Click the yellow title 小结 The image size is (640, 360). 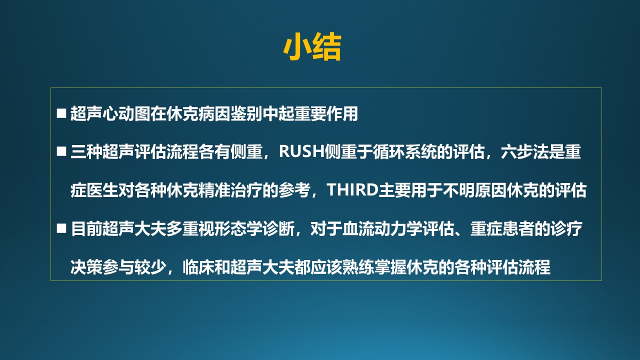click(x=312, y=47)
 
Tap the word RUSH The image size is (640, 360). click(x=301, y=151)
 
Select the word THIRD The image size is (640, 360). click(x=352, y=189)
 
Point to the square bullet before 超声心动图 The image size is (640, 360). click(x=61, y=113)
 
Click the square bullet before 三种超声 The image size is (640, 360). click(x=61, y=151)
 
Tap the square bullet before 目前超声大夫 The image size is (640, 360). click(x=61, y=228)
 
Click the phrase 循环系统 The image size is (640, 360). click(x=404, y=151)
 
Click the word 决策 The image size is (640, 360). click(x=86, y=267)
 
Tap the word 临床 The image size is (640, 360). click(x=198, y=267)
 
